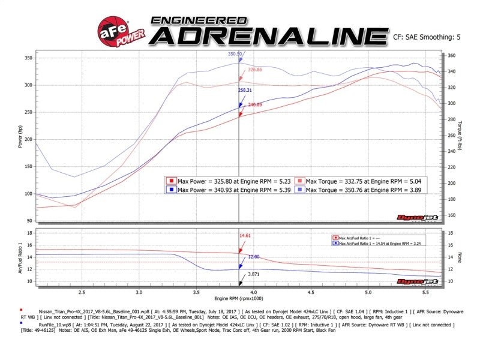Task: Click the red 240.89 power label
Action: click(255, 105)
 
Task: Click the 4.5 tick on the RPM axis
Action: click(311, 292)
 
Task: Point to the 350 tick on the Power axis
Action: click(28, 58)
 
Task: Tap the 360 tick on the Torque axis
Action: click(453, 56)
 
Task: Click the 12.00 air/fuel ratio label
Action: click(254, 257)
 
